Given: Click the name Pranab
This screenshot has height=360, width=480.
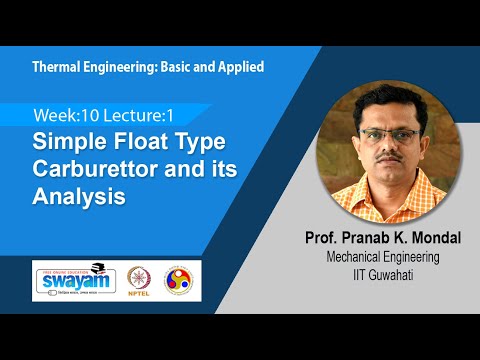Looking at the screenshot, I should coord(357,239).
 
